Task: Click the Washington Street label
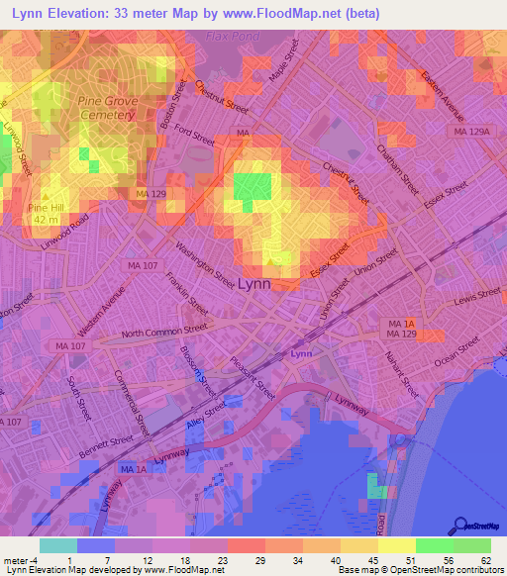point(205,259)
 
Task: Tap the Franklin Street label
point(186,292)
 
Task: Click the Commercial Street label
point(131,403)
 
